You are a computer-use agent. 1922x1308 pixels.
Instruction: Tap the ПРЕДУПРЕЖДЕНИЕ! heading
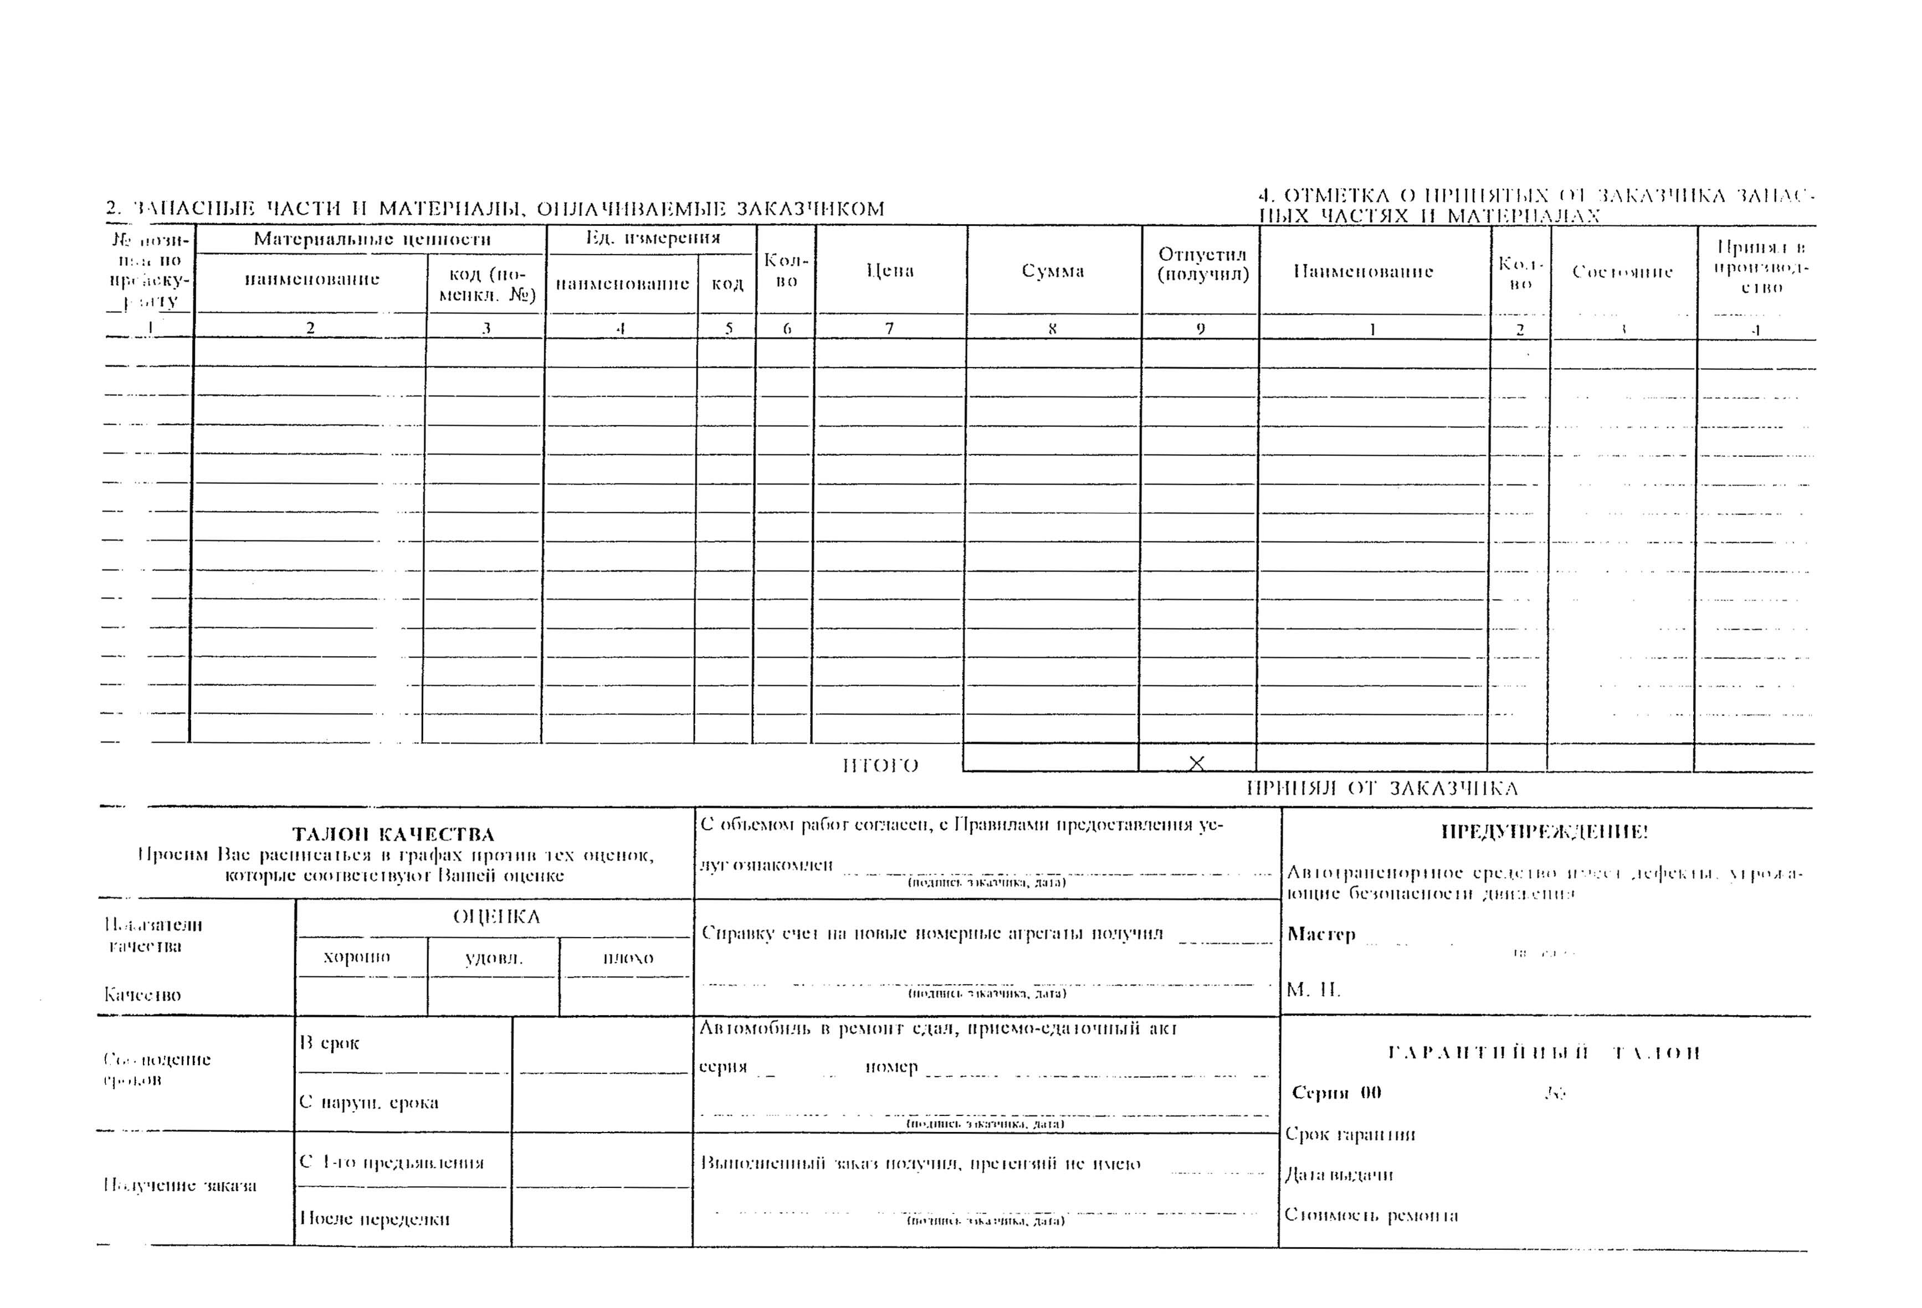point(1544,832)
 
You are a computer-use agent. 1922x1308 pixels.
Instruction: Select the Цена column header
point(890,270)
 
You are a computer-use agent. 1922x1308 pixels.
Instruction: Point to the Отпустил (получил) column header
point(1202,264)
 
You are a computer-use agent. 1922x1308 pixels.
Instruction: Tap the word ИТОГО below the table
point(880,766)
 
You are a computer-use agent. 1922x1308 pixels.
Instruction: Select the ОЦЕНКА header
point(496,917)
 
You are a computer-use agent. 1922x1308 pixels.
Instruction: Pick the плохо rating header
point(628,958)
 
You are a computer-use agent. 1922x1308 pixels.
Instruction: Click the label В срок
point(329,1043)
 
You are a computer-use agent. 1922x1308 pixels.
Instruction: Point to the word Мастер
point(1321,934)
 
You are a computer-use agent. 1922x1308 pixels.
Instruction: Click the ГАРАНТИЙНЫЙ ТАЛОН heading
point(1543,1053)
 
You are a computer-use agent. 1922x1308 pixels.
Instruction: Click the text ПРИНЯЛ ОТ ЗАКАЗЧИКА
point(1382,788)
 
